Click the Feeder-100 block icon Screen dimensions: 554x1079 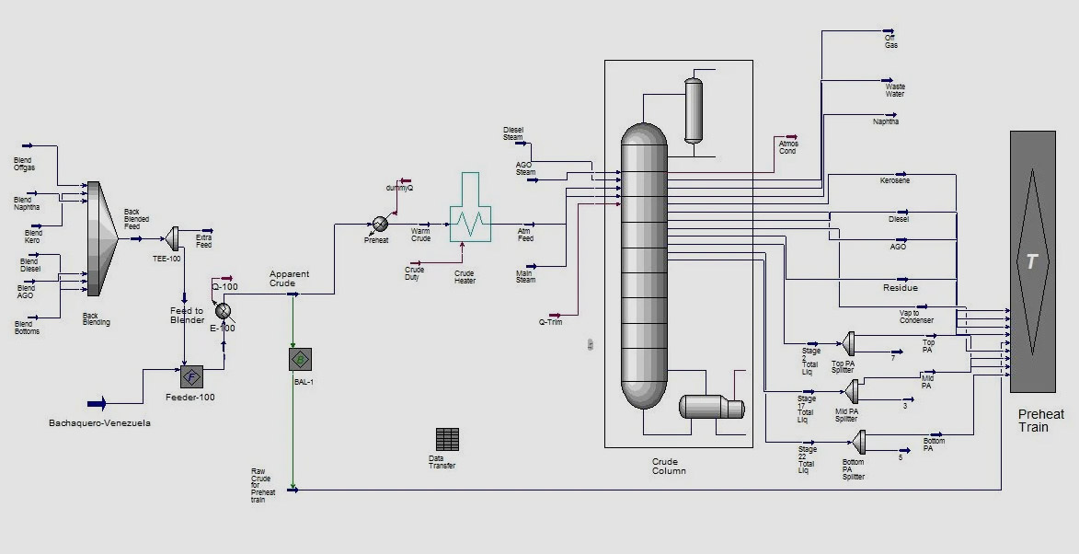click(x=191, y=375)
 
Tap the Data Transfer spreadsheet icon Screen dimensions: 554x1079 click(x=447, y=439)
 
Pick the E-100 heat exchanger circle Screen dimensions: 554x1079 click(x=223, y=311)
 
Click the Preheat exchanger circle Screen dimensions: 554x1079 click(x=379, y=224)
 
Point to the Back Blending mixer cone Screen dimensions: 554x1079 click(x=102, y=238)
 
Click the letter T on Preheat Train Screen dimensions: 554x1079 click(x=1031, y=262)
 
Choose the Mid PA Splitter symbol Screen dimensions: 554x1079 click(x=854, y=391)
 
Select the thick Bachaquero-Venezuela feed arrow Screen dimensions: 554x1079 click(x=96, y=403)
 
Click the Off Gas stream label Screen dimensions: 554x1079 click(x=890, y=41)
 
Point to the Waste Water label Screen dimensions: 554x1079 click(x=894, y=90)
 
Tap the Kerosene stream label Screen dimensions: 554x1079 click(x=894, y=180)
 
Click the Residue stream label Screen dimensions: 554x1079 click(x=900, y=288)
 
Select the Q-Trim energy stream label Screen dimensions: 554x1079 click(x=550, y=322)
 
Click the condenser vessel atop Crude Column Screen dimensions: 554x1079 click(x=693, y=109)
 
